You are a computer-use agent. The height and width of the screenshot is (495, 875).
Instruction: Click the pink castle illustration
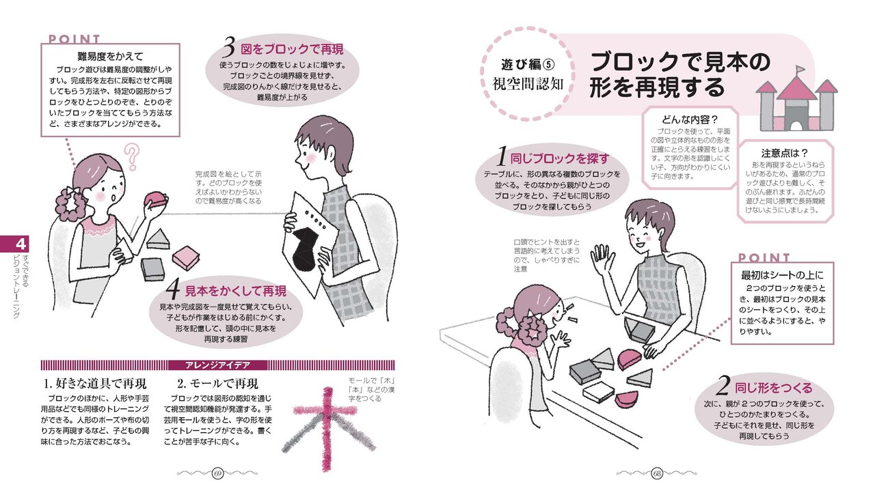click(x=797, y=100)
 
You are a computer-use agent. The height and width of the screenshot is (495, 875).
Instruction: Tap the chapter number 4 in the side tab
click(x=21, y=244)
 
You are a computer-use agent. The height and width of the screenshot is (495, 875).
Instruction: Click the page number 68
click(x=657, y=473)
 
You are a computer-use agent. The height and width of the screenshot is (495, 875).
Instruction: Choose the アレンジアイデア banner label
click(x=217, y=365)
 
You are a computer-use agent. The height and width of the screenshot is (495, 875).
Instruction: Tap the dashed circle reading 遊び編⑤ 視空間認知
click(x=526, y=74)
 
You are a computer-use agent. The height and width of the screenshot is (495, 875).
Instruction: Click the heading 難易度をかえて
click(x=109, y=56)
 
